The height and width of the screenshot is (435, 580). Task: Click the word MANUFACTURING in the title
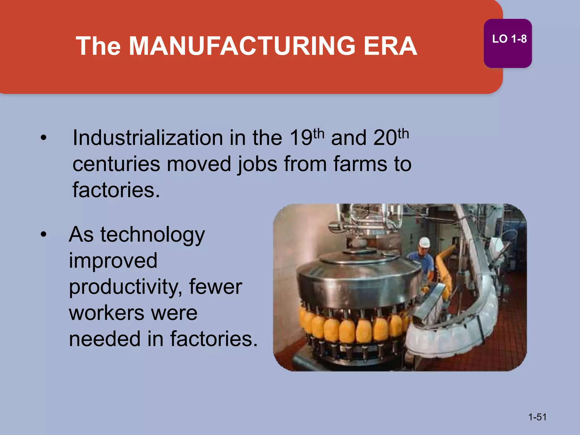(242, 46)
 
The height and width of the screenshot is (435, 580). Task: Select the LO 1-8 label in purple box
(509, 39)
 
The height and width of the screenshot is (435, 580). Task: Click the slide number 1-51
(537, 417)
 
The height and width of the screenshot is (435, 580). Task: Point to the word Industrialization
(148, 138)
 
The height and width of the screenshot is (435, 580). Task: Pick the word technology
(152, 235)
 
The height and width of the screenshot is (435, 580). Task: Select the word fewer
(216, 287)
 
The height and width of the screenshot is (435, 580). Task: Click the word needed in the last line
(105, 339)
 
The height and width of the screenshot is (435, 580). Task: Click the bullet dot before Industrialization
(43, 138)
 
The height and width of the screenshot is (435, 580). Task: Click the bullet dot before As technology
(43, 234)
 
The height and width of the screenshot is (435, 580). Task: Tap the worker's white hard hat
(424, 242)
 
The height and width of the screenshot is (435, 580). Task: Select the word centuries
(116, 164)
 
